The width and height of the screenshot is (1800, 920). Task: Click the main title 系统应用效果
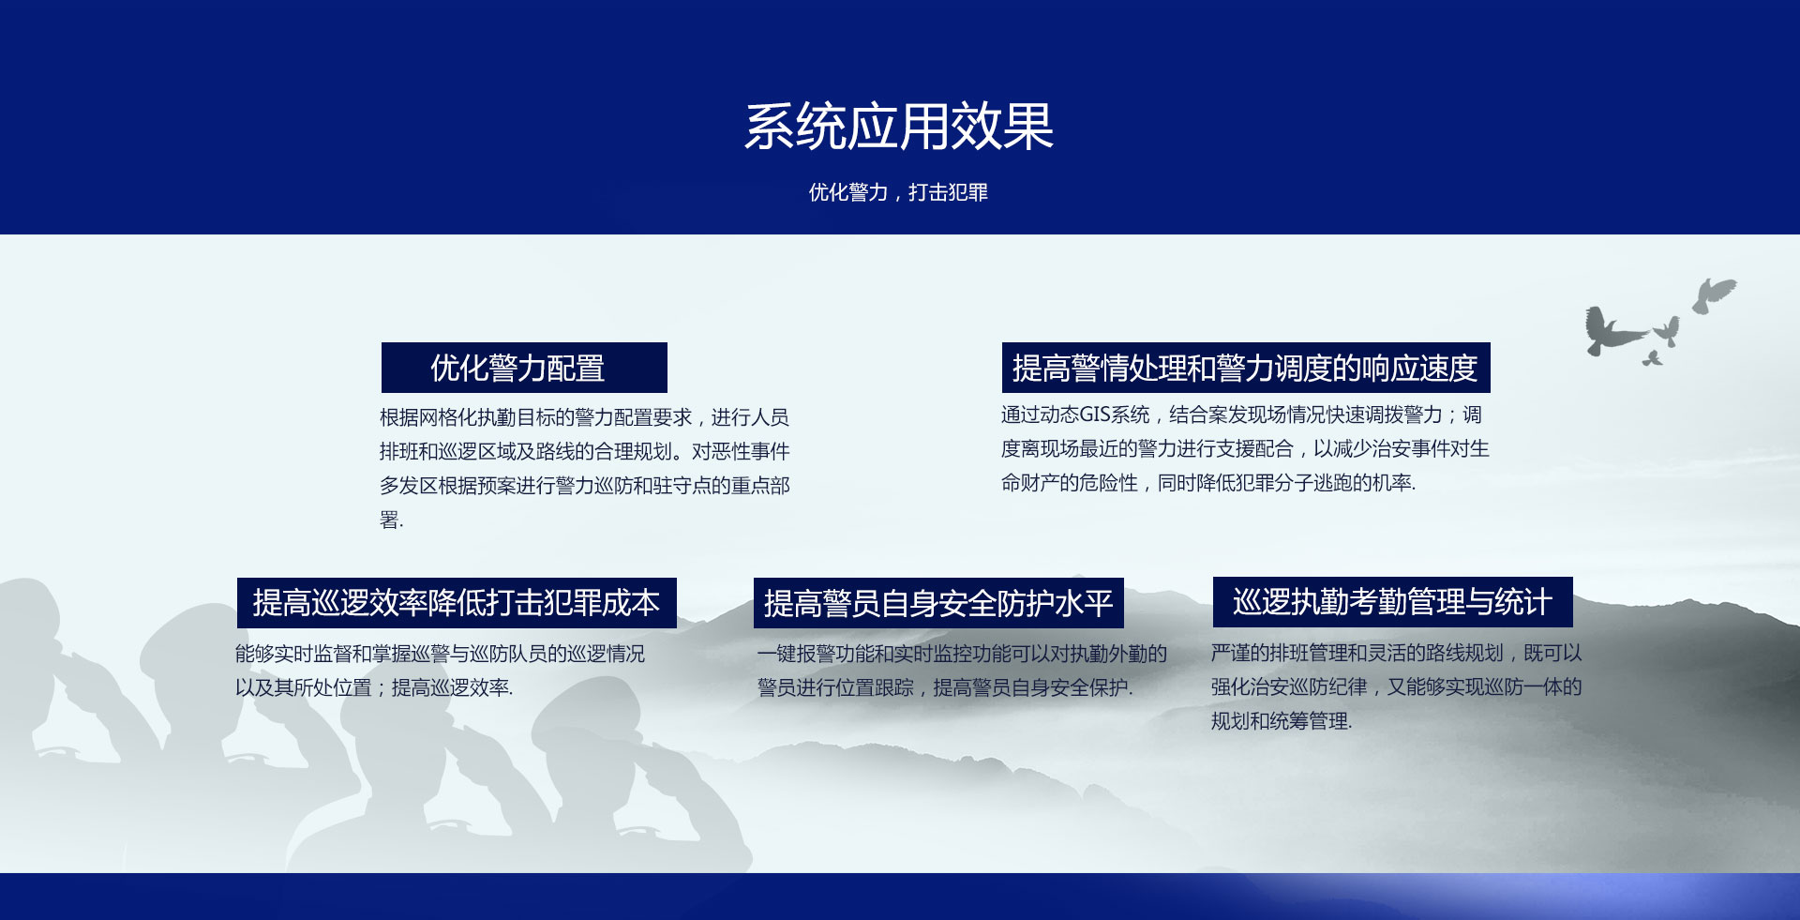(x=899, y=127)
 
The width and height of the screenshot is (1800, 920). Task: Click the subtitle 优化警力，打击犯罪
(x=898, y=192)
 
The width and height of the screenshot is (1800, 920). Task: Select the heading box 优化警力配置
(x=524, y=368)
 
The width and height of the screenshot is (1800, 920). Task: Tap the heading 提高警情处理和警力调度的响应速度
(x=1246, y=368)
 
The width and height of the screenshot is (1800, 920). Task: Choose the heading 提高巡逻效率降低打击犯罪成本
(x=457, y=602)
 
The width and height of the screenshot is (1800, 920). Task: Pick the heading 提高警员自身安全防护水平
(x=938, y=603)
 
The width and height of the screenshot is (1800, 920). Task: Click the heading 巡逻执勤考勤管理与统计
(x=1392, y=602)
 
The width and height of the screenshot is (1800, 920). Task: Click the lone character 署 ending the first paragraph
(x=389, y=520)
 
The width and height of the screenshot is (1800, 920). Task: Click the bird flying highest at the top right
(x=1714, y=294)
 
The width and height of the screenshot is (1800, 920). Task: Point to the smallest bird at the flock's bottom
(x=1652, y=358)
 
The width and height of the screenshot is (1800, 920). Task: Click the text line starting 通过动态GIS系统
(x=1241, y=415)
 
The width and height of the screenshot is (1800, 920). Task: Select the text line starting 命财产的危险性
(x=1208, y=483)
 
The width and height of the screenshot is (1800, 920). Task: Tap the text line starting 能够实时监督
(x=440, y=654)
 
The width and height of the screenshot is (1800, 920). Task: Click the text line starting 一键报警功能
(x=962, y=654)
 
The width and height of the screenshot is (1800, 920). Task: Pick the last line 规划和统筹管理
(x=1282, y=721)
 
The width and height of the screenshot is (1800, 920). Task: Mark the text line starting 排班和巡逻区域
(x=585, y=451)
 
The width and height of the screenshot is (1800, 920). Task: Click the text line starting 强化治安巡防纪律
(x=1396, y=686)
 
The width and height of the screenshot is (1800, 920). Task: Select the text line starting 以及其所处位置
(x=374, y=687)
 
